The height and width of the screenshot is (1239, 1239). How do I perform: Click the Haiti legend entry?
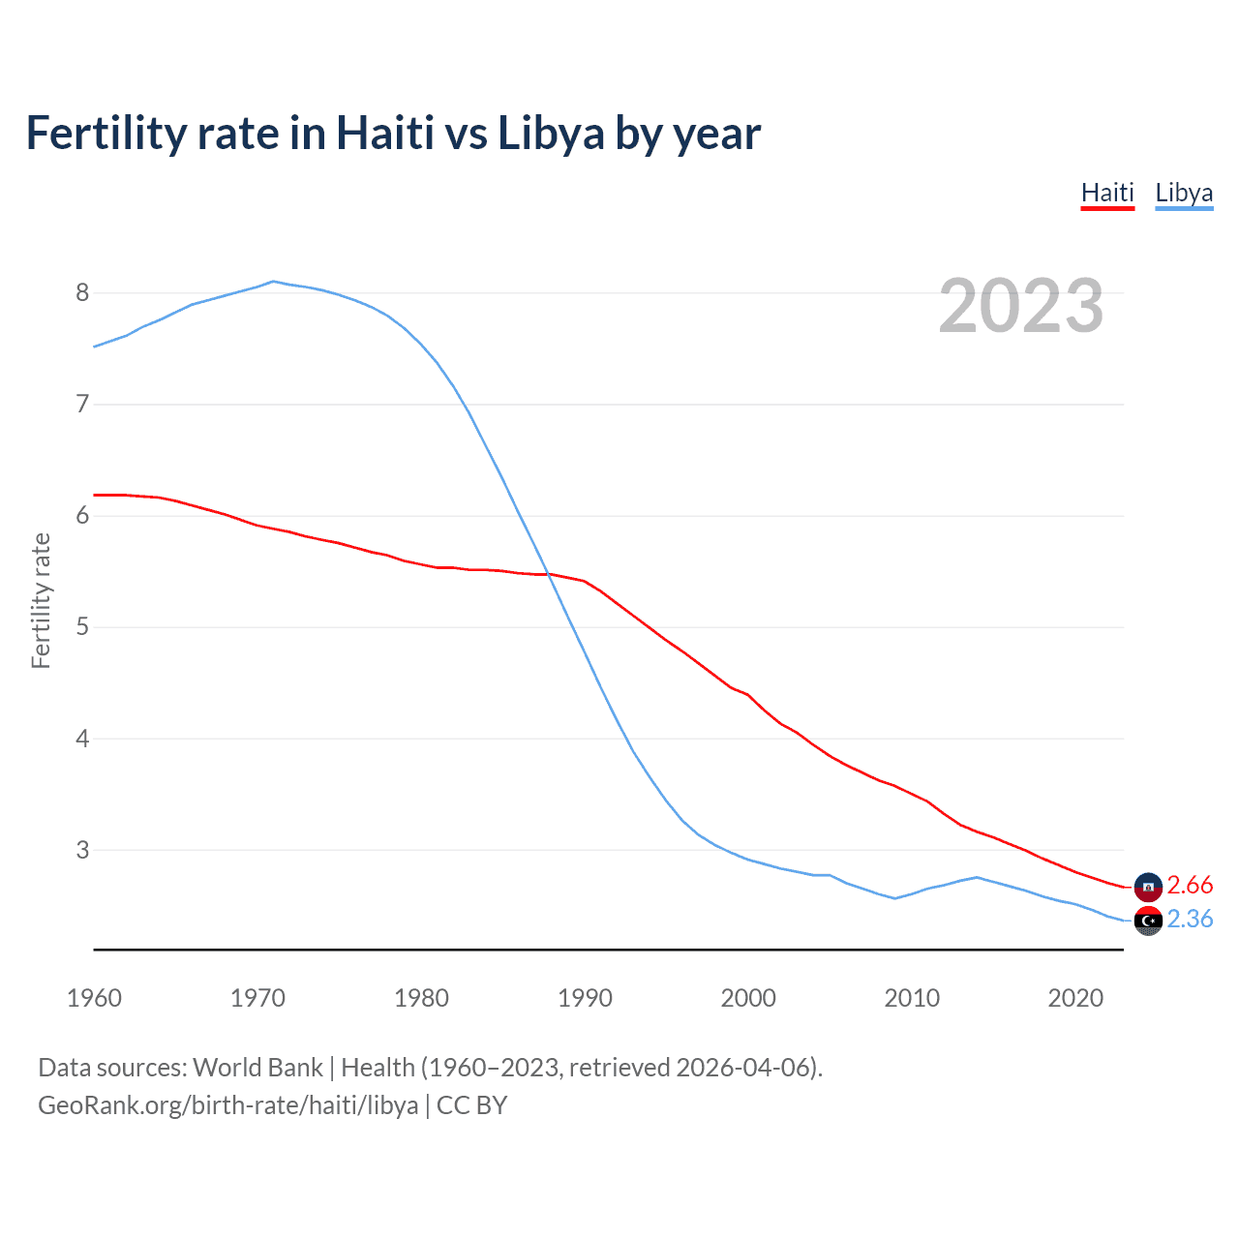1107,193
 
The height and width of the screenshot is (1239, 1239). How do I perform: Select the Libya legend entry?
1184,193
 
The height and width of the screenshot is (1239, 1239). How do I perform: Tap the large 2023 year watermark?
1021,306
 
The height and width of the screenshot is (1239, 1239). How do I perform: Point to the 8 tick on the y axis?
82,292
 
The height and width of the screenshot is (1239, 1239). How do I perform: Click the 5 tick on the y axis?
82,626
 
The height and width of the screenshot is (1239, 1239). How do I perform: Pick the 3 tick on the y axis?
82,850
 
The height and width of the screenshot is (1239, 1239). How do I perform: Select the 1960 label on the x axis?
94,998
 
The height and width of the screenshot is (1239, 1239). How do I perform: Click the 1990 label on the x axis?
585,998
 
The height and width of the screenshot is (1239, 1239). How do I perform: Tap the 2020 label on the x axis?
1075,998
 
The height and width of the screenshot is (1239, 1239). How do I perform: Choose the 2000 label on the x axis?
748,998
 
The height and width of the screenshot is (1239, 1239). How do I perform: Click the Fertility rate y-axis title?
41,600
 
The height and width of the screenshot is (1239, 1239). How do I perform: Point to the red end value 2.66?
1190,885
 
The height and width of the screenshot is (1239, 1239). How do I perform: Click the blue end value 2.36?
1190,919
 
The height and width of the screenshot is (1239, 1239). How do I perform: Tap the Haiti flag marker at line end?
1148,887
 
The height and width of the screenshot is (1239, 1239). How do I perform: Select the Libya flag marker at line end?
1148,921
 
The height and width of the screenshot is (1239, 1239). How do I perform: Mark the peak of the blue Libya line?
273,282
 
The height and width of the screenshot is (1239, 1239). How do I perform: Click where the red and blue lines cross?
549,574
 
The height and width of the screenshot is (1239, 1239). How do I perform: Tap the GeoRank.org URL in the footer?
228,1105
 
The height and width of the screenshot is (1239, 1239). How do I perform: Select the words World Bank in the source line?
257,1068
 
